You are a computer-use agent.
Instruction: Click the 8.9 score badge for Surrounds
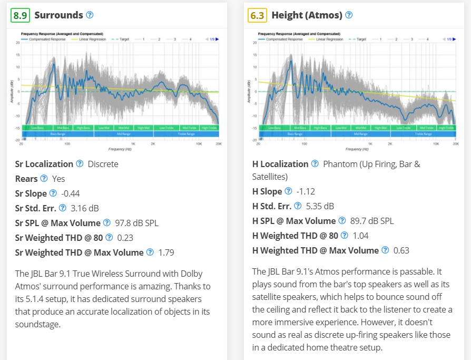click(x=20, y=15)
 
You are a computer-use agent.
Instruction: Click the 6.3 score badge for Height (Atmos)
click(x=257, y=15)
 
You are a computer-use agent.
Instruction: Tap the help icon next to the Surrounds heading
click(x=90, y=15)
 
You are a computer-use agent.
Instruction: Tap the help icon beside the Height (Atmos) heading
click(x=349, y=15)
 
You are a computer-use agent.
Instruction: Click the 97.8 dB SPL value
click(x=136, y=223)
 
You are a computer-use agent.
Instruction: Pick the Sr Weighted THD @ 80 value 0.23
click(x=125, y=238)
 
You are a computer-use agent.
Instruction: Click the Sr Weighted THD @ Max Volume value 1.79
click(x=166, y=252)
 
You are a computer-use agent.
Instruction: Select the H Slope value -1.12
click(x=306, y=191)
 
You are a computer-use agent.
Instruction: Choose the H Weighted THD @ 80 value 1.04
click(x=360, y=236)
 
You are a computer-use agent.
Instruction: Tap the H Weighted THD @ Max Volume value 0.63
click(x=401, y=250)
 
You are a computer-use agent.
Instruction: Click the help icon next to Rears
click(x=44, y=179)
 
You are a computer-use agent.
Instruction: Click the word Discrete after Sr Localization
click(x=103, y=164)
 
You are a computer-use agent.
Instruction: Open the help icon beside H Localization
click(x=315, y=164)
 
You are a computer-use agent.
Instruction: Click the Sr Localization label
click(x=44, y=164)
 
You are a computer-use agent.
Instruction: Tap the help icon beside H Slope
click(x=288, y=191)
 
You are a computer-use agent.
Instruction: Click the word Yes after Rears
click(x=58, y=179)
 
